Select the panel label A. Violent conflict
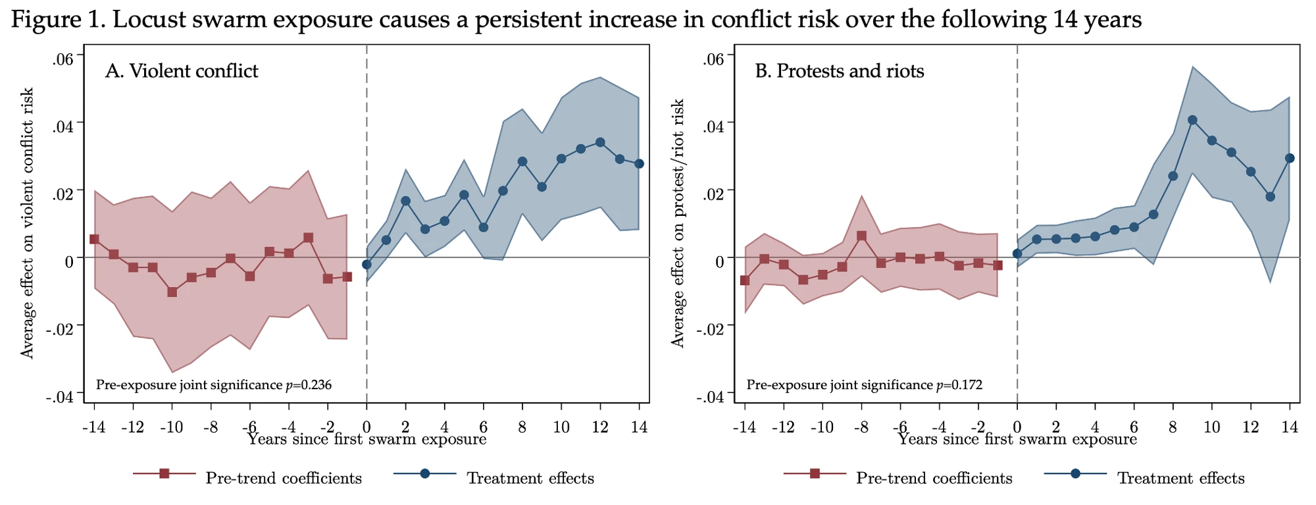click(182, 70)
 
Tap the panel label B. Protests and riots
click(840, 70)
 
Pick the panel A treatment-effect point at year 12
click(600, 142)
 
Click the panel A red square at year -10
click(172, 292)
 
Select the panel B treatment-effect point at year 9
click(1192, 120)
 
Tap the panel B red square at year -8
click(862, 236)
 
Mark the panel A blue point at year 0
click(367, 265)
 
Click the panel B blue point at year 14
click(1290, 158)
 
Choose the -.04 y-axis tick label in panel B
click(711, 397)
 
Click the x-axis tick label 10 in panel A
click(561, 427)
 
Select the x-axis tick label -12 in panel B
click(783, 427)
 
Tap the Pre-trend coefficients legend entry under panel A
click(284, 478)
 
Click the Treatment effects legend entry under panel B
click(1180, 478)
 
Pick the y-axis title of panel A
click(27, 224)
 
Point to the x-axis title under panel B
click(1017, 439)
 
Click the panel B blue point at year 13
click(1270, 197)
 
